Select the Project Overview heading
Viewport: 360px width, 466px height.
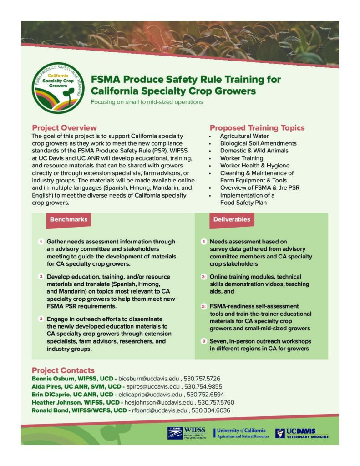tap(64, 128)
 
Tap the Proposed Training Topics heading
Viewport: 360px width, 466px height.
tap(257, 128)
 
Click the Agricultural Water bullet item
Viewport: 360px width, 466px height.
tap(244, 136)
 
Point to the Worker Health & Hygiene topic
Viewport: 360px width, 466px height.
tap(254, 166)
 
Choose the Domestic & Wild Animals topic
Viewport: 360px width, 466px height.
tap(254, 151)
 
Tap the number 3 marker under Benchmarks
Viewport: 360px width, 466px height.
tap(41, 319)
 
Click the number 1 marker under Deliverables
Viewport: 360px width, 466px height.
tap(204, 241)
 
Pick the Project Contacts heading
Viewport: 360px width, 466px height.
tap(63, 370)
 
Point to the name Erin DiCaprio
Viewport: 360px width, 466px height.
tap(50, 395)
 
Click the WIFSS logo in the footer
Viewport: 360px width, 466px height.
tap(187, 432)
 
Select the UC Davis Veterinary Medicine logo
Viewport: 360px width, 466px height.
tap(301, 433)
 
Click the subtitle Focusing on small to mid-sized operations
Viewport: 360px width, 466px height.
tap(147, 102)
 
